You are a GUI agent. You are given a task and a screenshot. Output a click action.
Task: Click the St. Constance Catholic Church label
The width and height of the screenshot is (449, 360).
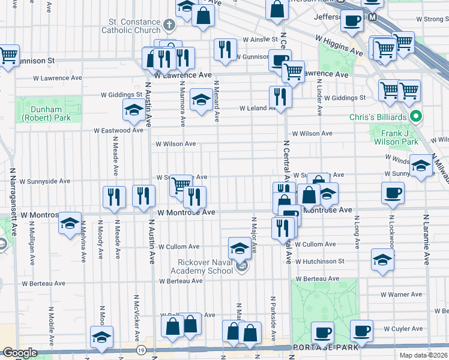[x=130, y=25]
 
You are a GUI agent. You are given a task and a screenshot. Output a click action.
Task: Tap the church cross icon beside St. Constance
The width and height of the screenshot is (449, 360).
[x=169, y=25]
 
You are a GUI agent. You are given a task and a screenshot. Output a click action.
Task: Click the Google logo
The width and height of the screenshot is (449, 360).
[x=20, y=353]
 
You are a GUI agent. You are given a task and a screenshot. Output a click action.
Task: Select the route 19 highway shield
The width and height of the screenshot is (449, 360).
[x=140, y=350]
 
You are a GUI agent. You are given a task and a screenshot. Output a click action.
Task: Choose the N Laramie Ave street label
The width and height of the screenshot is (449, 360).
[x=427, y=239]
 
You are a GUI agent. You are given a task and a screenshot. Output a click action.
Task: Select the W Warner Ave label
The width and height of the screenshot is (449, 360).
[x=402, y=295]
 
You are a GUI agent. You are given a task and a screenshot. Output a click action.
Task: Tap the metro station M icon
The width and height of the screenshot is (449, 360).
[x=373, y=17]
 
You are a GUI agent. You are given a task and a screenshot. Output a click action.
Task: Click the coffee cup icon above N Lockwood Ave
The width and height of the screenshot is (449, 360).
[x=393, y=193]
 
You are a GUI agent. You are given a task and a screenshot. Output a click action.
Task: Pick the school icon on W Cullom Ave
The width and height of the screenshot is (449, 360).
[x=240, y=247]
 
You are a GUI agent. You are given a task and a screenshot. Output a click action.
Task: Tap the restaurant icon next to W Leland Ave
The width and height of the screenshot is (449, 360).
[x=280, y=96]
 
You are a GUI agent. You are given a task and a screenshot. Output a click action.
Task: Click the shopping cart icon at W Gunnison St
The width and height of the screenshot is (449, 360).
[x=8, y=56]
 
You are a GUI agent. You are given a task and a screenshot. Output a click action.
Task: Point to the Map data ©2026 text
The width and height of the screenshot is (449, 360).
[x=423, y=355]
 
